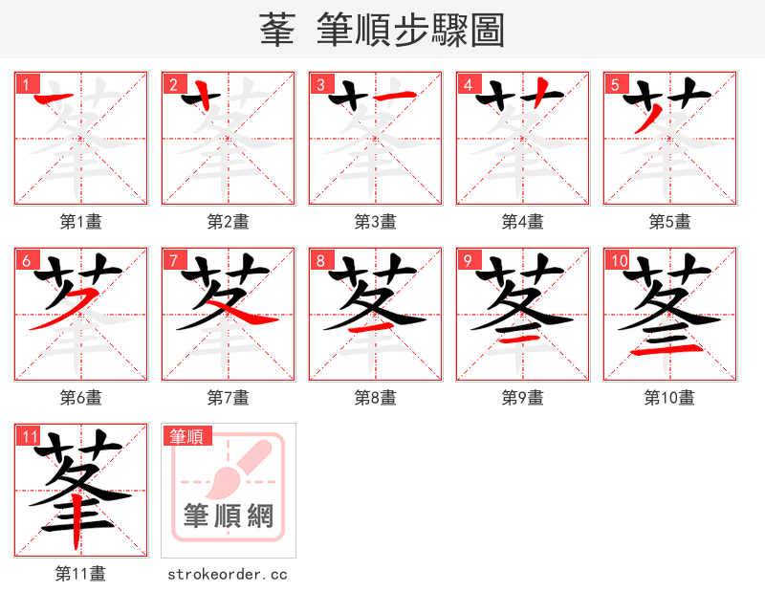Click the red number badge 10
pyautogui.click(x=618, y=260)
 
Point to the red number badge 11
pyautogui.click(x=29, y=436)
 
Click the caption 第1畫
pyautogui.click(x=81, y=222)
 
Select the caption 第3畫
pyautogui.click(x=376, y=222)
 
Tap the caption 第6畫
pyautogui.click(x=81, y=398)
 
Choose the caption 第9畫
pyautogui.click(x=523, y=398)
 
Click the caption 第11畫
pyautogui.click(x=81, y=574)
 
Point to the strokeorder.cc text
pyautogui.click(x=228, y=574)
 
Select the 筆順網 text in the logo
pyautogui.click(x=229, y=516)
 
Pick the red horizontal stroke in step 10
pyautogui.click(x=669, y=352)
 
